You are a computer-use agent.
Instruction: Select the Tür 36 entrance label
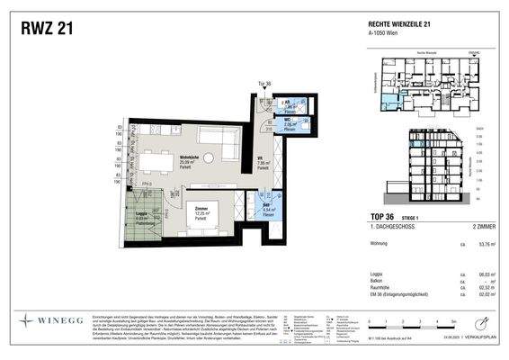264,84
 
